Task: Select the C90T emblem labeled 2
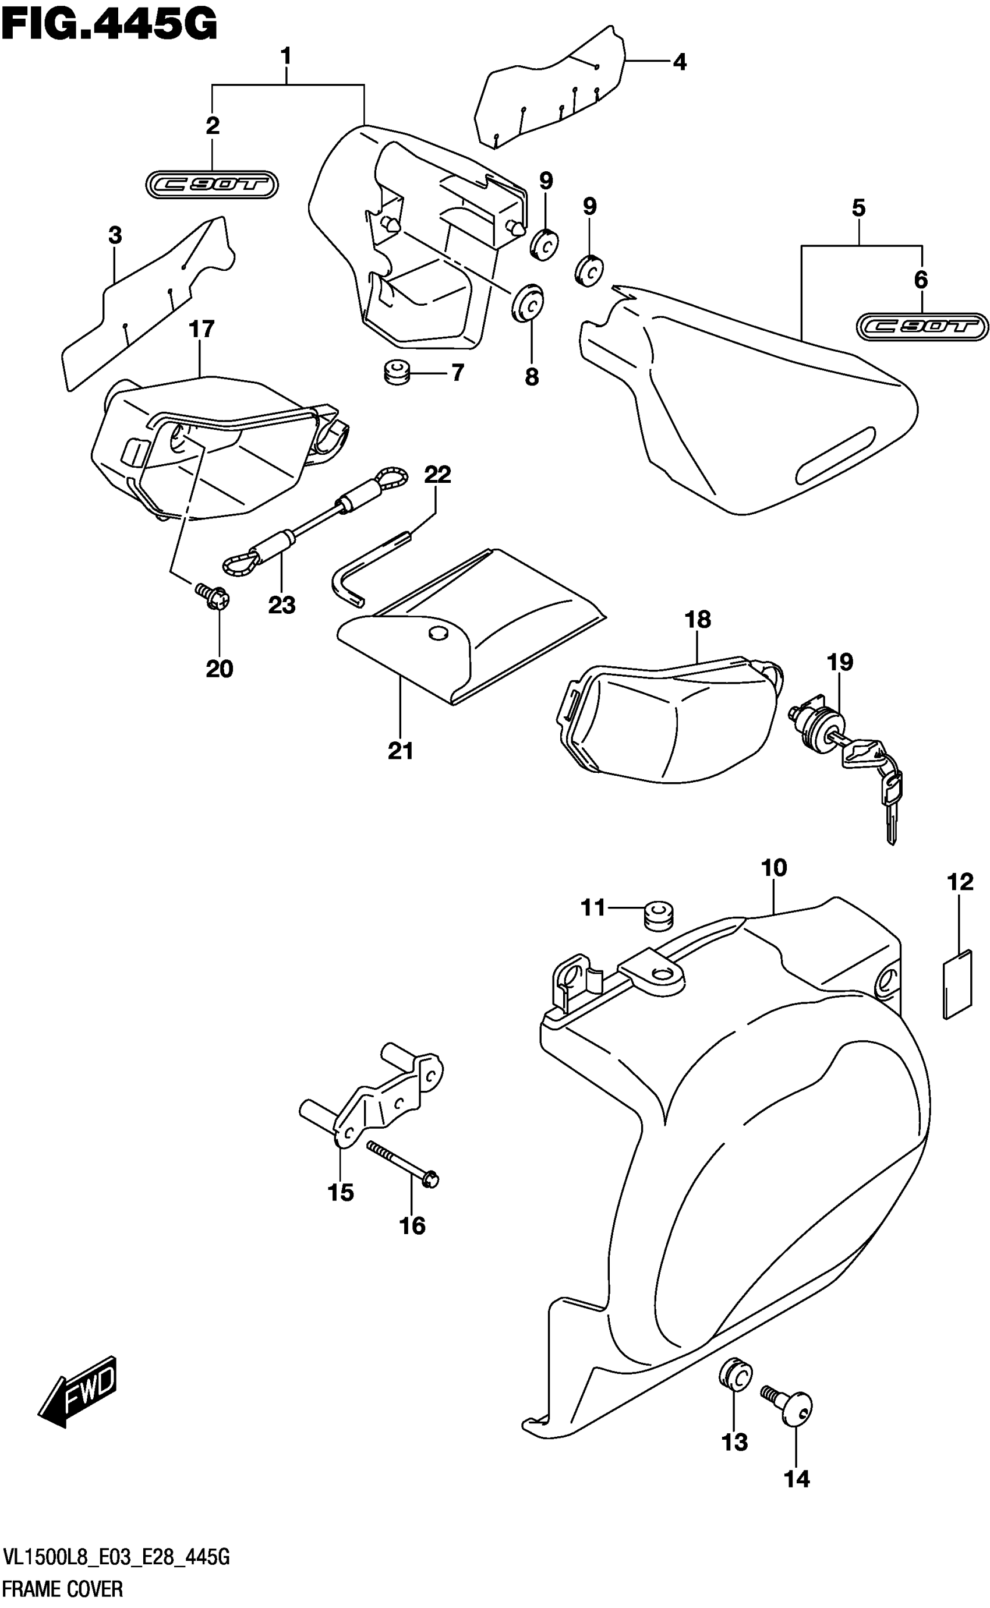pos(211,186)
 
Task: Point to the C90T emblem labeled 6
pos(921,327)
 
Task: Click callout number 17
pos(201,328)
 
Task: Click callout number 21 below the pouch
pos(401,751)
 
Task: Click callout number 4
pos(680,62)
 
